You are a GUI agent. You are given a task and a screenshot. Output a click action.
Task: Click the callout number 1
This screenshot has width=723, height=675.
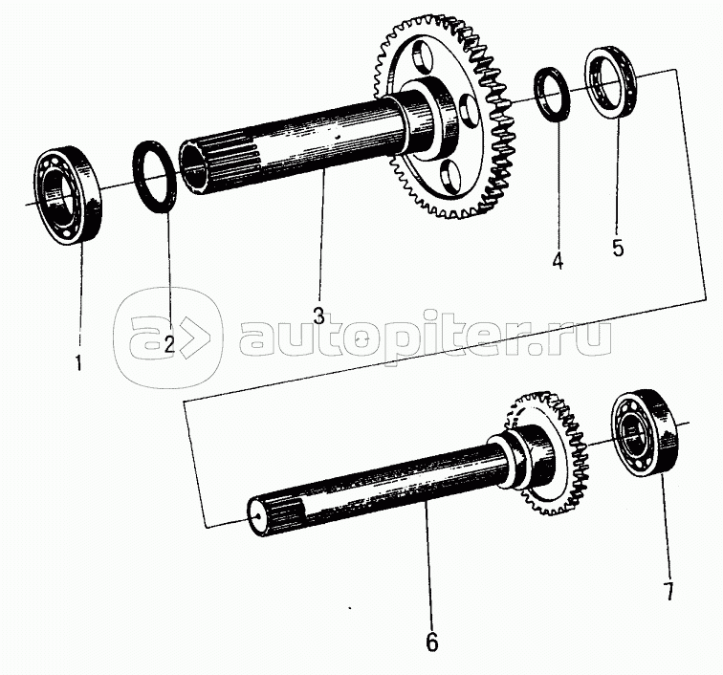click(x=78, y=362)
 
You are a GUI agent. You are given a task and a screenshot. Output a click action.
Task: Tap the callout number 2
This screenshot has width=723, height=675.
click(x=169, y=344)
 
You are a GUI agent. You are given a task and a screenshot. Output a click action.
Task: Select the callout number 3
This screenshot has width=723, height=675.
click(x=319, y=316)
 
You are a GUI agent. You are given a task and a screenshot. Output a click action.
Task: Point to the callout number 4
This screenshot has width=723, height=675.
click(x=558, y=261)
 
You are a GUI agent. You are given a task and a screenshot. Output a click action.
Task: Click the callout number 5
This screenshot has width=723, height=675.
click(x=619, y=248)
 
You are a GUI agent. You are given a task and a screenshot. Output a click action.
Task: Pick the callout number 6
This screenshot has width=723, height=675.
click(x=432, y=642)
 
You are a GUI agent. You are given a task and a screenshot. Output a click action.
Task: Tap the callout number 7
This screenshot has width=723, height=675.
click(x=668, y=591)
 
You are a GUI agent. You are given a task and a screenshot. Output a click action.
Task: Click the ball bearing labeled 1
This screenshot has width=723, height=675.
click(x=69, y=195)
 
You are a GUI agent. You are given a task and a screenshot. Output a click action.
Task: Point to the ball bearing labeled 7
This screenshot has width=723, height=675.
click(x=645, y=431)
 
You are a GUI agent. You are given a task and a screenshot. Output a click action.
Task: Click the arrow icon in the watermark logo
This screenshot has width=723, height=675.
click(x=190, y=339)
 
